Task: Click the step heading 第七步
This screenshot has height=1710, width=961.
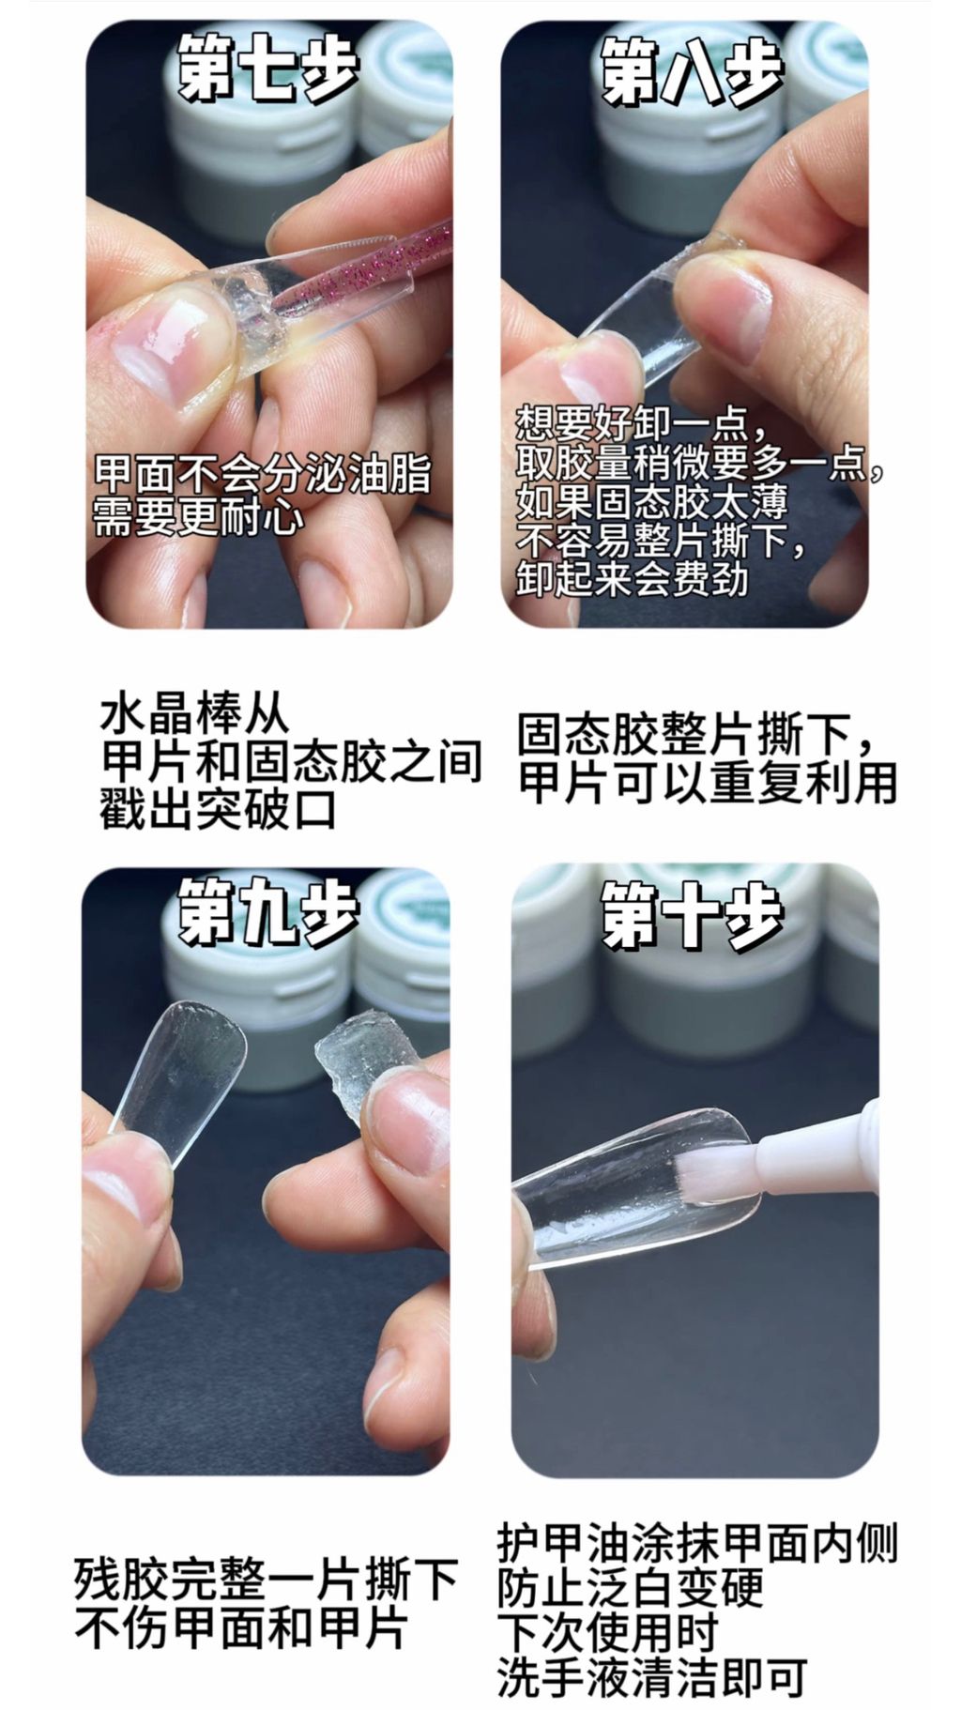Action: click(x=268, y=68)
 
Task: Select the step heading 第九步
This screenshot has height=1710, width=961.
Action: click(x=268, y=909)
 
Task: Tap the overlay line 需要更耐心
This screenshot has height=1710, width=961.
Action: click(x=198, y=516)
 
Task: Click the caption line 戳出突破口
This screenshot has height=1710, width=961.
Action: click(x=218, y=808)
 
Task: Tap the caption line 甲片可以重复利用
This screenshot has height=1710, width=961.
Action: click(x=708, y=783)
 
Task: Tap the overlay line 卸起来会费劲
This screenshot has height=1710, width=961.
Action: click(x=632, y=579)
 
